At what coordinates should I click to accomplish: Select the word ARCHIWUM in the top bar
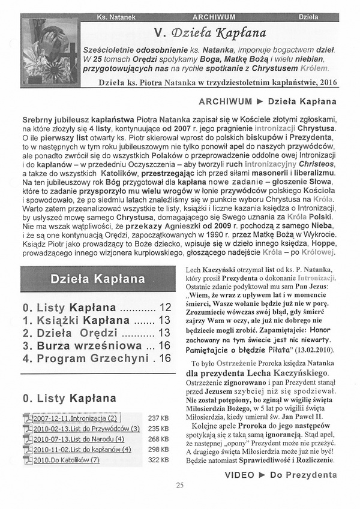(x=214, y=17)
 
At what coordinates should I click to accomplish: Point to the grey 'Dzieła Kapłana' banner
(x=97, y=279)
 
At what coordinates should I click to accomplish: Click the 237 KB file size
(x=158, y=418)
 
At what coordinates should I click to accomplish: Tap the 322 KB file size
(x=158, y=460)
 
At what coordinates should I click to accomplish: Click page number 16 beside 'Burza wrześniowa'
(x=166, y=345)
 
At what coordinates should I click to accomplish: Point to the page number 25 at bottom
(x=179, y=486)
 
